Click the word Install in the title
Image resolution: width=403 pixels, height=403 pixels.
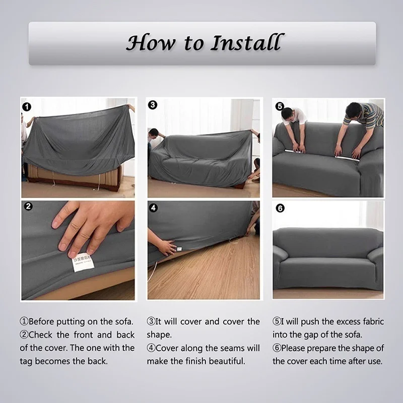coord(245,43)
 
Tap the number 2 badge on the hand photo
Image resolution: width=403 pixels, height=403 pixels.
coord(28,207)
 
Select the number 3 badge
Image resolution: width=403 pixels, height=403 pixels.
coord(153,105)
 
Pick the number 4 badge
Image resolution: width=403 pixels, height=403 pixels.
coord(154,208)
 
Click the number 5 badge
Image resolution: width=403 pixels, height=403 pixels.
coord(280,106)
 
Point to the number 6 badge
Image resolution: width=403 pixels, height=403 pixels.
coord(280,208)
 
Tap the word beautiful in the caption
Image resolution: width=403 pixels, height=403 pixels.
coord(226,361)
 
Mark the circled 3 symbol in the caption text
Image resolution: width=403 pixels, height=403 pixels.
coord(151,321)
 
